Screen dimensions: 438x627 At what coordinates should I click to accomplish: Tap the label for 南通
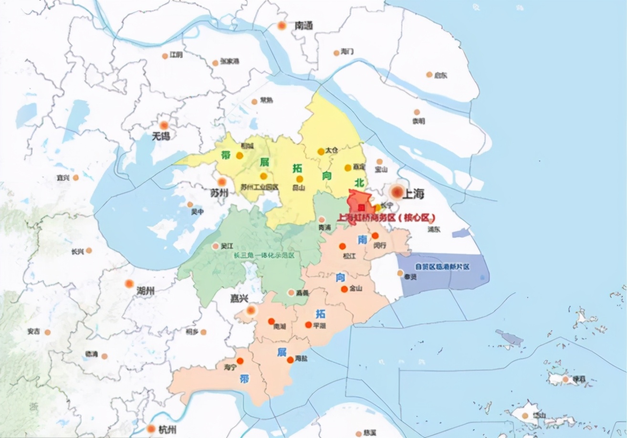[303, 26]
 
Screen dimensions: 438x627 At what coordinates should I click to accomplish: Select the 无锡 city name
[160, 136]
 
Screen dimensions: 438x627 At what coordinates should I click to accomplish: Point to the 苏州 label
[219, 192]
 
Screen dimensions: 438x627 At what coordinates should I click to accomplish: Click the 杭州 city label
[167, 430]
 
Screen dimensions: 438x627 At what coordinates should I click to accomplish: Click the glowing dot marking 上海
[397, 192]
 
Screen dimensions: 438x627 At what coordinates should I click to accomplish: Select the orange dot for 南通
[282, 25]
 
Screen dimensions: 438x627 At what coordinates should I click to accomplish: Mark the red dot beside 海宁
[240, 361]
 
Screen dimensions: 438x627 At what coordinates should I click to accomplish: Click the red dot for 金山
[344, 290]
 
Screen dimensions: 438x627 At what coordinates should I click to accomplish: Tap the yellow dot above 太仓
[321, 152]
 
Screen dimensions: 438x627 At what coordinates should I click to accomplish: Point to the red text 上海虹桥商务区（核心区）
[387, 218]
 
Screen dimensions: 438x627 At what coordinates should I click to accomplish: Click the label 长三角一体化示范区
[264, 255]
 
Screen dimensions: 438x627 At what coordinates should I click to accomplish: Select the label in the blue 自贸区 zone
[442, 267]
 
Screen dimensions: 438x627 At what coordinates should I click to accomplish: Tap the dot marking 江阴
[165, 56]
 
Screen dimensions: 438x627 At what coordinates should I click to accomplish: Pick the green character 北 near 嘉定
[359, 182]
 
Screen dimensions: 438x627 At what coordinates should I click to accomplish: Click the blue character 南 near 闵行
[362, 240]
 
